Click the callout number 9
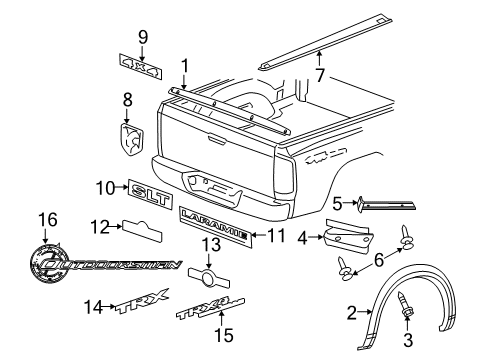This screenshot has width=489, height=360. [143, 38]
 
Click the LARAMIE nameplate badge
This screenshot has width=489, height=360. [213, 236]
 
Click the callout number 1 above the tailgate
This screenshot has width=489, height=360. [183, 66]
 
